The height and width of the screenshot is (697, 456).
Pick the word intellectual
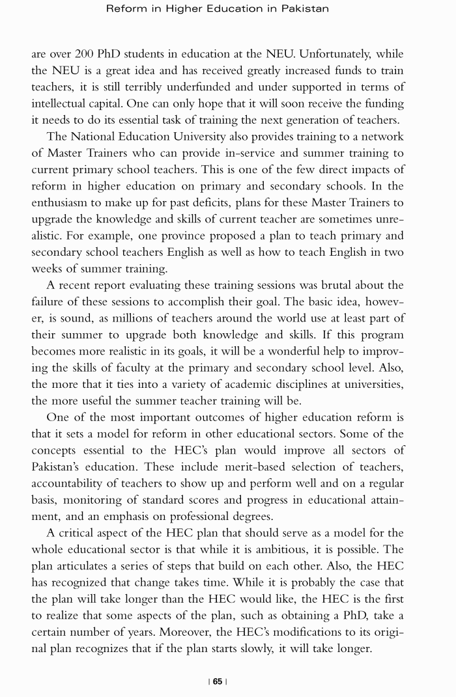tap(61, 103)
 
